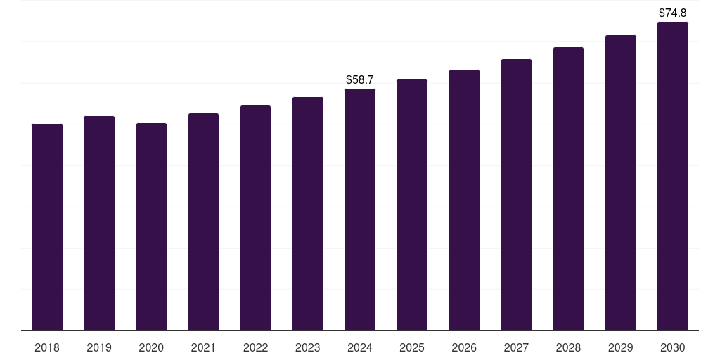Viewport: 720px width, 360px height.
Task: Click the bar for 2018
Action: [47, 227]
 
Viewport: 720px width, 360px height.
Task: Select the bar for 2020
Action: [151, 226]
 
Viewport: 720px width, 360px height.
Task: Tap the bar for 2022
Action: [255, 218]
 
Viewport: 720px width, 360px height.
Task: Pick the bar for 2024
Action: [360, 210]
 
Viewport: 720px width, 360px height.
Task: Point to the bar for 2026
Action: [464, 200]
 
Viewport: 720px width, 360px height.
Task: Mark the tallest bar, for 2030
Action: [673, 176]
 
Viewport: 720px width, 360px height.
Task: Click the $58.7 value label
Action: [360, 80]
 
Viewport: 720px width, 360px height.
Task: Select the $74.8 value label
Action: [673, 13]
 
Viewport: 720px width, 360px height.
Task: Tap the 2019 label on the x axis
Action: [99, 347]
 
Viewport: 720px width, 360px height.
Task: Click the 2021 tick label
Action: [203, 347]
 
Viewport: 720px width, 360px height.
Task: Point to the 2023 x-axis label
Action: [308, 347]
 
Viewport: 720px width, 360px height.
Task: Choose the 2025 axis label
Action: [412, 347]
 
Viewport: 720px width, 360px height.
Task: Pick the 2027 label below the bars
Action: [516, 347]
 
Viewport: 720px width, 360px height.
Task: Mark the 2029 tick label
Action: [621, 347]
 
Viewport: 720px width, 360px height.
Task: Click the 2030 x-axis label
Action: [673, 347]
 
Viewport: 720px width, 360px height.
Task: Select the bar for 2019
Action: [99, 223]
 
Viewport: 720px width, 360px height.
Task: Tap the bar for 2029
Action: [621, 183]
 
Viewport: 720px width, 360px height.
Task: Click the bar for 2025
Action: [412, 205]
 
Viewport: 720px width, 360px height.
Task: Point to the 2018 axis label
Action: [47, 347]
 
